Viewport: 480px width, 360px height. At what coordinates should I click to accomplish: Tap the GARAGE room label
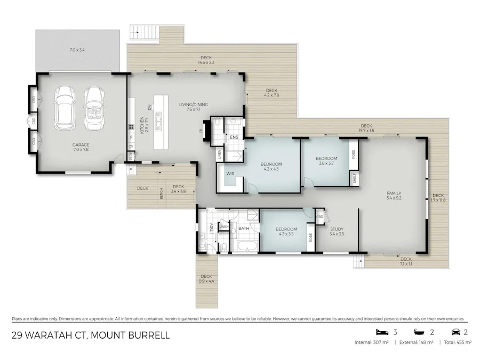click(81, 145)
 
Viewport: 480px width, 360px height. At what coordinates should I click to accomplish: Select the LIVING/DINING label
click(193, 105)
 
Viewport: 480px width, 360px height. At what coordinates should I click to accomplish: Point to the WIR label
click(230, 174)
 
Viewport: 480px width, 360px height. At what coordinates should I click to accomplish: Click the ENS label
click(234, 138)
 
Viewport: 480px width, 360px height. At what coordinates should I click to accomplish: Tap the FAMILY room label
click(394, 193)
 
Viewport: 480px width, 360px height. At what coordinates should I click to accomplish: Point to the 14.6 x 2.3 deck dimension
click(207, 60)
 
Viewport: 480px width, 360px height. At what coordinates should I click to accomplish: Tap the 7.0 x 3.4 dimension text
click(77, 50)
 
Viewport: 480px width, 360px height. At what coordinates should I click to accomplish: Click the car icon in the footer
click(456, 331)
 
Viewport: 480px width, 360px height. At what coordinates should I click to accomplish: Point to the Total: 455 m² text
click(456, 342)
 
